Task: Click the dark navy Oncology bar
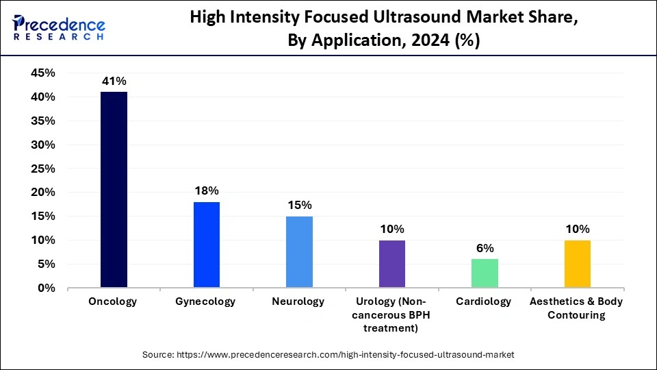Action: [114, 190]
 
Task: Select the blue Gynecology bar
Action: [207, 245]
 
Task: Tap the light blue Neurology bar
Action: [299, 252]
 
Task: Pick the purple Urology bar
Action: [392, 264]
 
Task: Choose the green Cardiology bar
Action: [485, 273]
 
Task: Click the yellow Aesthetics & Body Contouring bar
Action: [577, 264]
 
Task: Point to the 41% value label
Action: [114, 81]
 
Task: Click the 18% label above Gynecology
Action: [207, 190]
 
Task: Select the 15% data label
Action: [299, 205]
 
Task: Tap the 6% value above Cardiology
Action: [485, 248]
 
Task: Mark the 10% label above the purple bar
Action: [392, 229]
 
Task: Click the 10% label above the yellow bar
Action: [577, 229]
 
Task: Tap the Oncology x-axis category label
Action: [114, 302]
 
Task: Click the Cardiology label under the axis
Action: [485, 302]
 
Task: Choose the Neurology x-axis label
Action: [299, 302]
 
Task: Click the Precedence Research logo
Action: [59, 28]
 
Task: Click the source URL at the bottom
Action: [328, 355]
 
